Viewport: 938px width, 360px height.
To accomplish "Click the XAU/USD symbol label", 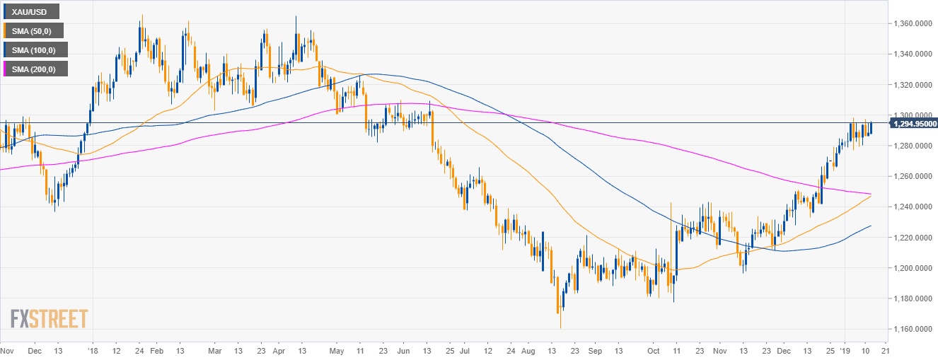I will pyautogui.click(x=30, y=12).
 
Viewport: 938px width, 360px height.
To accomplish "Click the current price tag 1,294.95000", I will pyautogui.click(x=913, y=124).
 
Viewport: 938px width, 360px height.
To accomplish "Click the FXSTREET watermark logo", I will pyautogui.click(x=50, y=319).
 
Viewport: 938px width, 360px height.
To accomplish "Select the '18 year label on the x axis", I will pyautogui.click(x=93, y=350).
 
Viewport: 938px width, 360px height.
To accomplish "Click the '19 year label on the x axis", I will pyautogui.click(x=848, y=350).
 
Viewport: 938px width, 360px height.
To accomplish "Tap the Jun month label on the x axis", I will pyautogui.click(x=404, y=350).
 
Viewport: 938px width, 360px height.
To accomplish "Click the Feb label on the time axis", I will pyautogui.click(x=158, y=350).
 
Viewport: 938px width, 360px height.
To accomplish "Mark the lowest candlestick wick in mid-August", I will pyautogui.click(x=560, y=326).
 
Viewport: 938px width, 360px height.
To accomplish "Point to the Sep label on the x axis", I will pyautogui.click(x=595, y=350).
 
